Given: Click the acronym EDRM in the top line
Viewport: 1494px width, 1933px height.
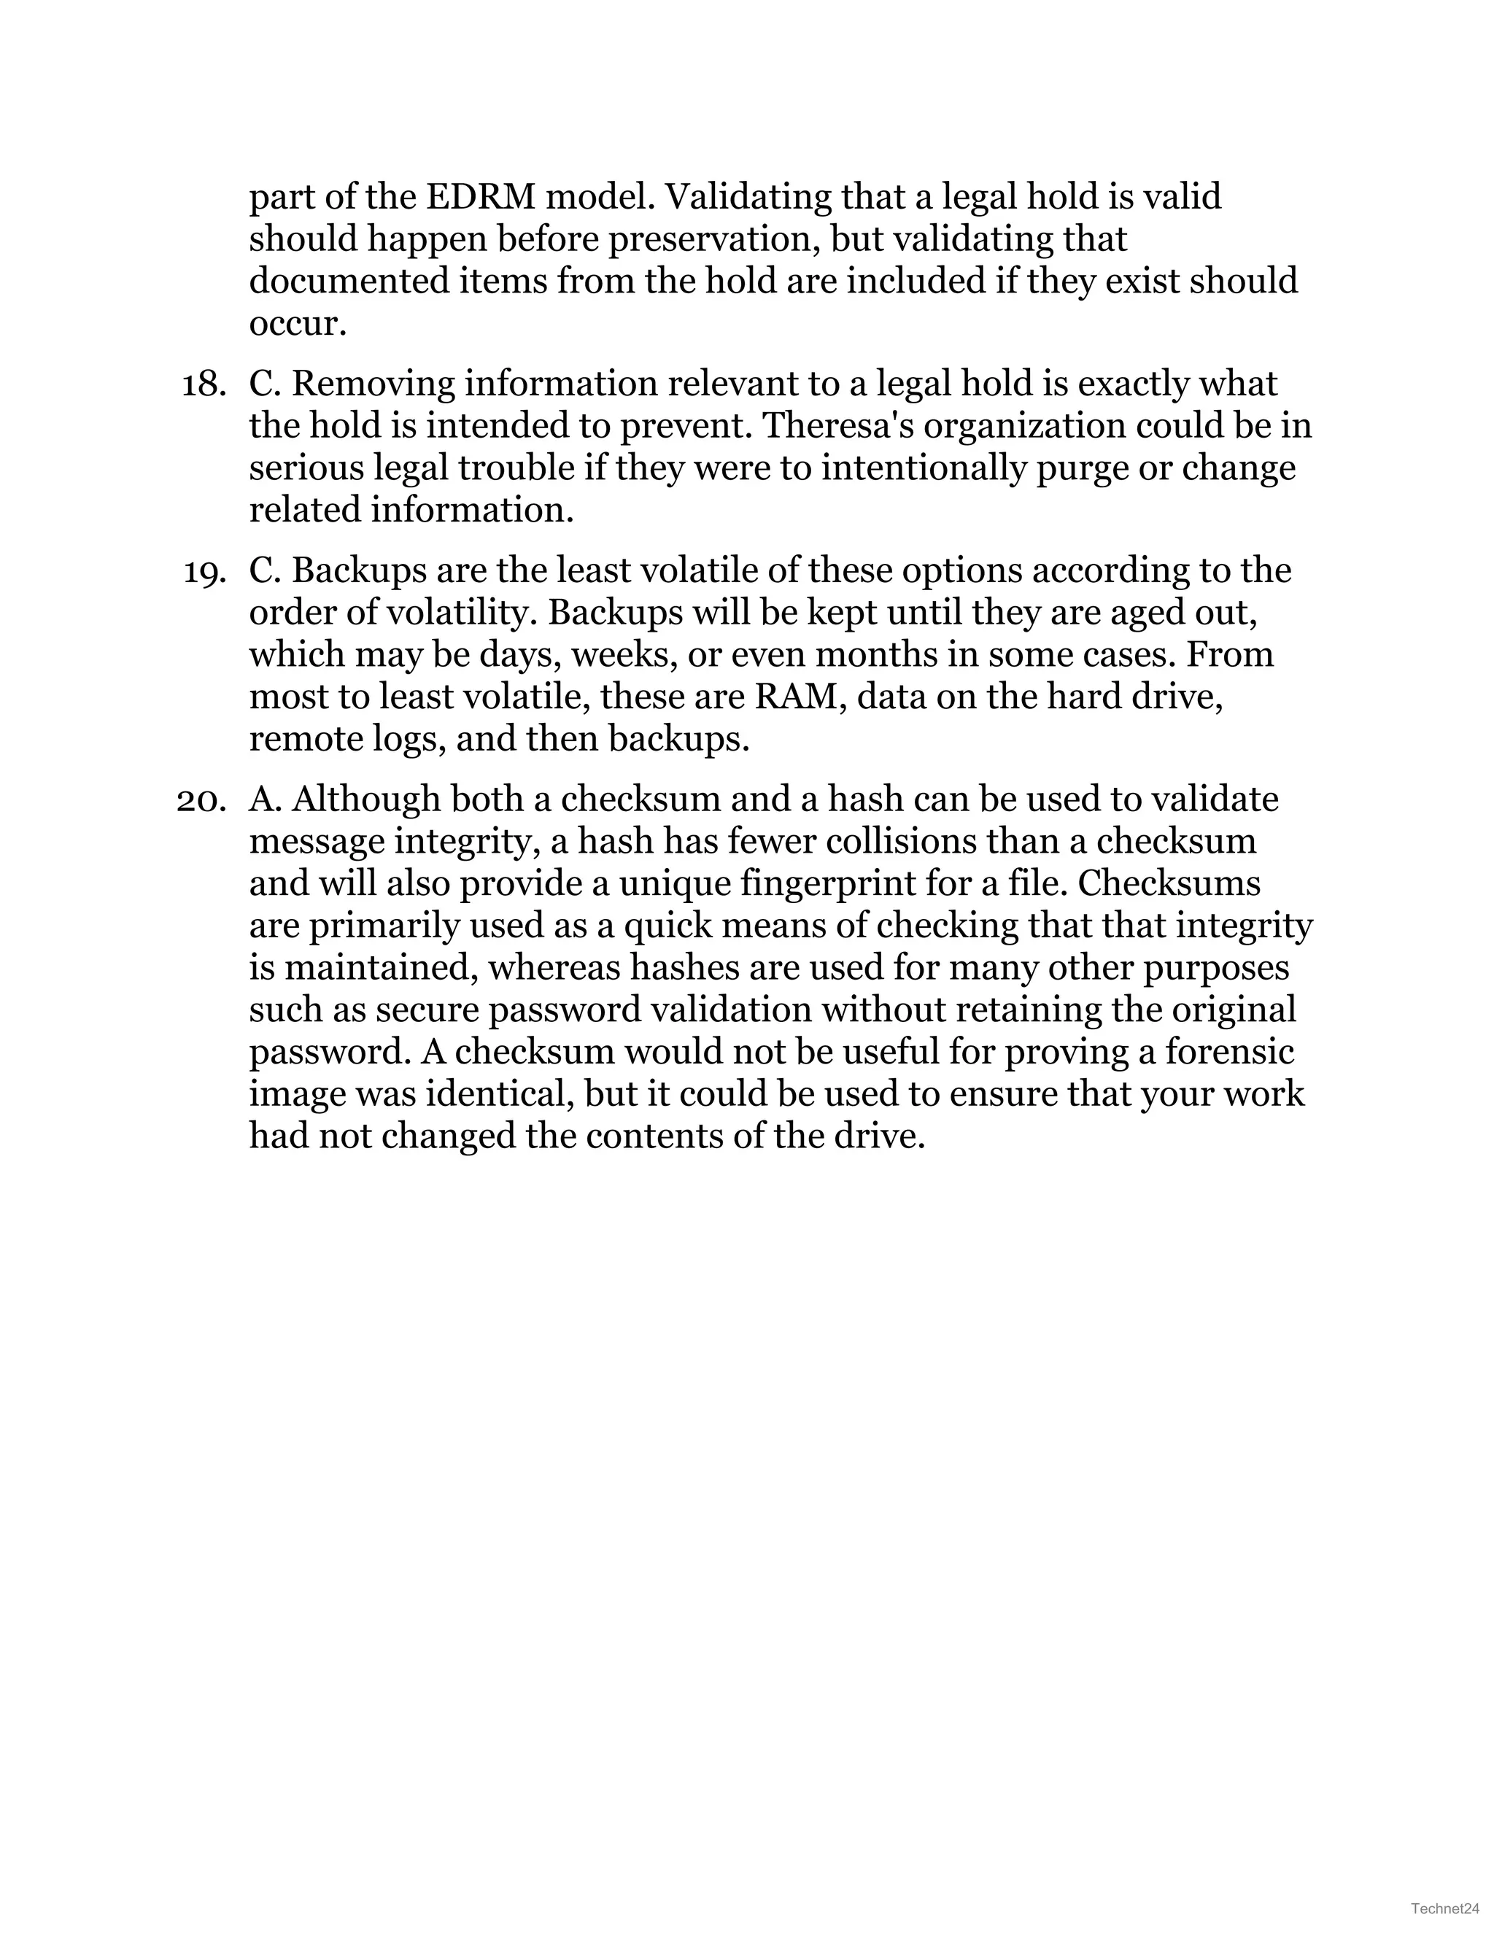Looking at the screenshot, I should click(481, 196).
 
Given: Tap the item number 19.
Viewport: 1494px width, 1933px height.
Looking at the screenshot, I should click(203, 571).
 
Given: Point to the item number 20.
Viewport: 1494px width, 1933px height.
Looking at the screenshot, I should click(200, 799).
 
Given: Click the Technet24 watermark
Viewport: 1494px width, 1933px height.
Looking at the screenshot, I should click(1445, 1908).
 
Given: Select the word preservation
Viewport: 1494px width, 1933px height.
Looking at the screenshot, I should click(715, 239).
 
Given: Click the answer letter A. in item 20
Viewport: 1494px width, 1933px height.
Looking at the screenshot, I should click(265, 799).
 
